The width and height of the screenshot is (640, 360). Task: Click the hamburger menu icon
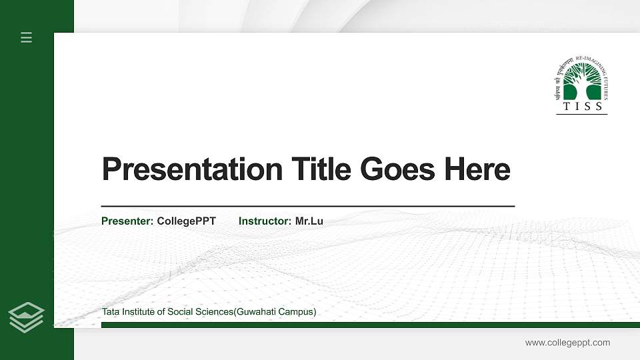(x=27, y=37)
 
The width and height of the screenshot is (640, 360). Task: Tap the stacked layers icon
(x=27, y=317)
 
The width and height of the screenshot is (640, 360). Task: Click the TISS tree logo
(x=581, y=81)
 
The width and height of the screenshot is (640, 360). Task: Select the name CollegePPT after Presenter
(x=187, y=221)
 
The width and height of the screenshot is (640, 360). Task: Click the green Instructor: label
(x=265, y=221)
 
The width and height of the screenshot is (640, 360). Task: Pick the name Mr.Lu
(x=309, y=221)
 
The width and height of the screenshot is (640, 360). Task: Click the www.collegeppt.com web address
(x=567, y=343)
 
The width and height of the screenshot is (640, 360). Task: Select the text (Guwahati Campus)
(x=275, y=312)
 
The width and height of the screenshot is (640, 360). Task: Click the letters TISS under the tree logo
(x=582, y=107)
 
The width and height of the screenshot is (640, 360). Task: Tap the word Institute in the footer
(x=138, y=312)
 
